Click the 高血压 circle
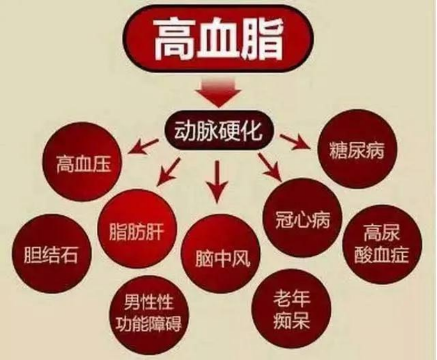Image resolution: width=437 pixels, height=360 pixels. point(83,163)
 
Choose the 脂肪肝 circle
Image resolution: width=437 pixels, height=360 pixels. point(137,229)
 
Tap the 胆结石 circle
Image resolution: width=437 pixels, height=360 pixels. point(52,254)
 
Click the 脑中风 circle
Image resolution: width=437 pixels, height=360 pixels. point(221,257)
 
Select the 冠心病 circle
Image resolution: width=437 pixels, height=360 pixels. point(303,219)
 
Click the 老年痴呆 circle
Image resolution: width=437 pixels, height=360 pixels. point(291,309)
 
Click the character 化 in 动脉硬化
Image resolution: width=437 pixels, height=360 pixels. point(252,131)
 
